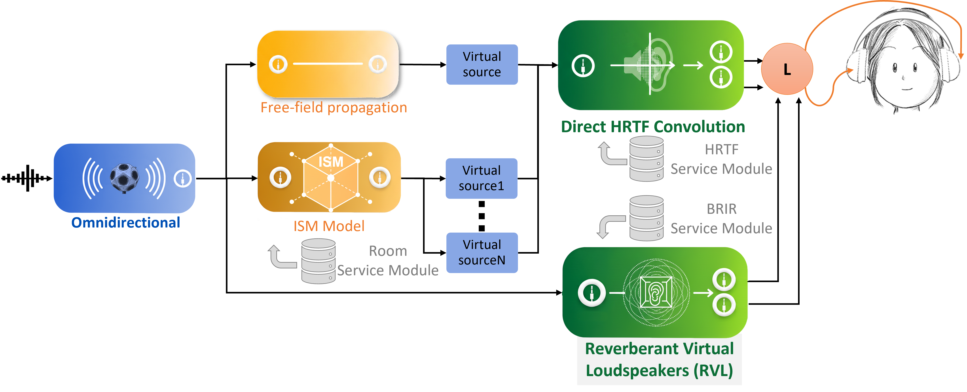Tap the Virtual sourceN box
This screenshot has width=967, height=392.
point(482,252)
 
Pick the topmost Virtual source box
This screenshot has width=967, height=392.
point(482,64)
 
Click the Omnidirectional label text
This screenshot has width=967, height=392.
point(126,222)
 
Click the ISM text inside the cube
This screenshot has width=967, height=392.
point(331,162)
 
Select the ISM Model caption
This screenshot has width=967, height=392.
point(329,226)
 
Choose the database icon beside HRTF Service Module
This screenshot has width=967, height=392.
point(647,159)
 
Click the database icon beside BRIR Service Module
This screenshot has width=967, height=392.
point(647,218)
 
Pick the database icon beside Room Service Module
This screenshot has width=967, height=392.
point(318,261)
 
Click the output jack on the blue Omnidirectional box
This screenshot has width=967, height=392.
point(183,178)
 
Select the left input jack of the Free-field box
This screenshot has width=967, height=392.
point(278,64)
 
